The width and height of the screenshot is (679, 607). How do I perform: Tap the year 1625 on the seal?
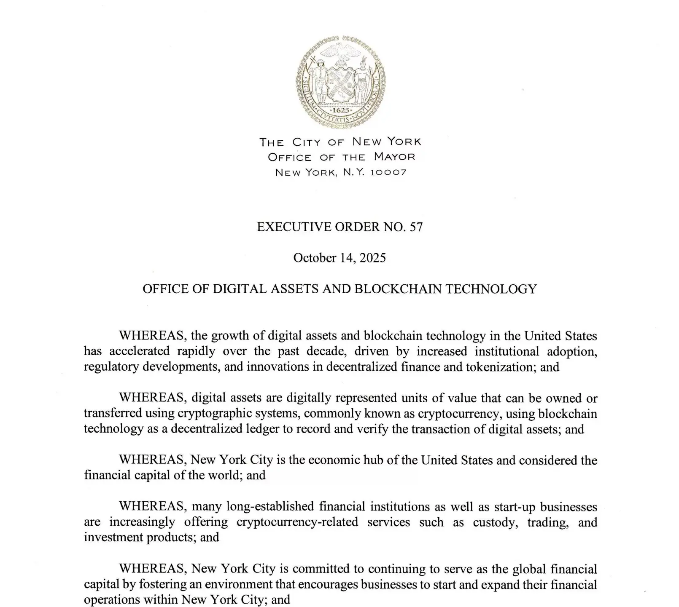340,110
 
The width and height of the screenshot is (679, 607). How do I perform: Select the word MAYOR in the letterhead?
394,157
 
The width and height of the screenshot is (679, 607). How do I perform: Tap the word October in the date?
315,258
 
